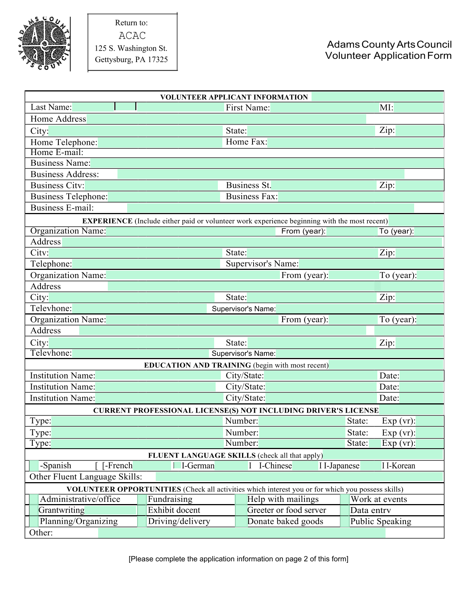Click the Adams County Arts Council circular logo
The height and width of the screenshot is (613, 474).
pos(44,43)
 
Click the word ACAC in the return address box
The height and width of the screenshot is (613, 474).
pos(132,36)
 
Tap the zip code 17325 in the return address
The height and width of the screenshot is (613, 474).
pos(158,59)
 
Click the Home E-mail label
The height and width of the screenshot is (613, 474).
pos(57,152)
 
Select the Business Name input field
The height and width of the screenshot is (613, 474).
pos(267,163)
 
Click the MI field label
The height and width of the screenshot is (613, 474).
pos(386,108)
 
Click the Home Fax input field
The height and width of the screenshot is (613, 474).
pos(355,142)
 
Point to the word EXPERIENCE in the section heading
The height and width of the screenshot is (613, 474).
pos(107,221)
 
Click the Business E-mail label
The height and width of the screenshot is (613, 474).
pos(62,208)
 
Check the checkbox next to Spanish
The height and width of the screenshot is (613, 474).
pos(34,465)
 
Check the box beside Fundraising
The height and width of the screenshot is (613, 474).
pos(142,499)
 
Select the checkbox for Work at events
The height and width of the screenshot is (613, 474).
pos(345,499)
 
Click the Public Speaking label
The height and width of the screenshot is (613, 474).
pos(381,522)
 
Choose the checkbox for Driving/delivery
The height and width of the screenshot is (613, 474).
pos(142,522)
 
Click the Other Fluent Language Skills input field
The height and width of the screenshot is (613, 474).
pos(299,477)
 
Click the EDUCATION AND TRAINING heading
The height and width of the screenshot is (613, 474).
pos(197,365)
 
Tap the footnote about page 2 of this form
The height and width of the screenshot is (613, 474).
pos(238,559)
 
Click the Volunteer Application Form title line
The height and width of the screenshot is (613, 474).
pos(388,56)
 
